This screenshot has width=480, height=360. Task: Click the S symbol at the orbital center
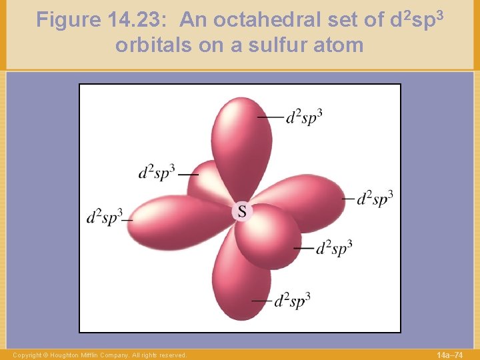tap(242, 211)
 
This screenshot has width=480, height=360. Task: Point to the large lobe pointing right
tap(307, 200)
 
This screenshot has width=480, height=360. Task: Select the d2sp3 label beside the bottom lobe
tap(292, 301)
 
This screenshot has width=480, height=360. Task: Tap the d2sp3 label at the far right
tap(374, 199)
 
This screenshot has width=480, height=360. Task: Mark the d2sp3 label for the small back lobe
tap(157, 172)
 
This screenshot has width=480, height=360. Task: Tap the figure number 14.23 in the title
tap(139, 21)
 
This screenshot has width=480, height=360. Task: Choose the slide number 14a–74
tap(449, 355)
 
